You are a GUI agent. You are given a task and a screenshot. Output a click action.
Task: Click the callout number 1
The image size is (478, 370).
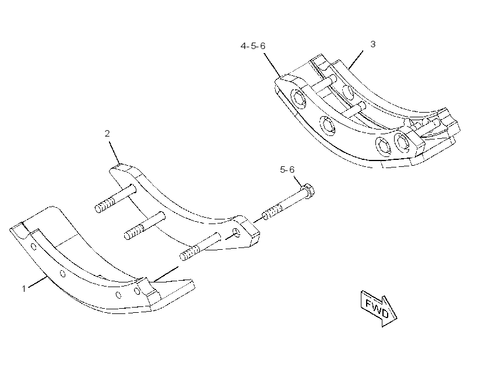pyautogui.click(x=24, y=288)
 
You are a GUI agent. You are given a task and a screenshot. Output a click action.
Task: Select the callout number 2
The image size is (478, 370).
pyautogui.click(x=107, y=134)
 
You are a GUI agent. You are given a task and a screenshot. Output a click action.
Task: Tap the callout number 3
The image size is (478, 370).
pyautogui.click(x=373, y=44)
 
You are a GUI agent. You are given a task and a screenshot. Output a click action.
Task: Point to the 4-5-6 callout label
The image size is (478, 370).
pyautogui.click(x=253, y=46)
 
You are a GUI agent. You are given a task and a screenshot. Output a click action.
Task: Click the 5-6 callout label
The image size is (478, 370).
pyautogui.click(x=287, y=169)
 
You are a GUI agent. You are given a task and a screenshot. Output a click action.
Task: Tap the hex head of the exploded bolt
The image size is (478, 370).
pyautogui.click(x=308, y=191)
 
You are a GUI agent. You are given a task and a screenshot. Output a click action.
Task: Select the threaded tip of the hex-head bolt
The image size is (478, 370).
pyautogui.click(x=272, y=212)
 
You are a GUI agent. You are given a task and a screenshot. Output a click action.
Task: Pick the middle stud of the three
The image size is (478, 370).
pyautogui.click(x=145, y=226)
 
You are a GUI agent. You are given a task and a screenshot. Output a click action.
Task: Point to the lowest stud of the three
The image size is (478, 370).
pyautogui.click(x=200, y=247)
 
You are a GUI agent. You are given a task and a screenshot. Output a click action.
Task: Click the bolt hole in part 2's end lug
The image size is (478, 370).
pyautogui.click(x=237, y=232)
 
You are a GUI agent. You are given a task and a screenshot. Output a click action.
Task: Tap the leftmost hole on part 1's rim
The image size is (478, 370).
pyautogui.click(x=34, y=246)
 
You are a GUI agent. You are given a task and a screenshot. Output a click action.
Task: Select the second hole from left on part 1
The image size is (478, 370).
pyautogui.click(x=63, y=274)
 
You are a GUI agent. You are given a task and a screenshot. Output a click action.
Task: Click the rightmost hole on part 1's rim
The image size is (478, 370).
pyautogui.click(x=138, y=291)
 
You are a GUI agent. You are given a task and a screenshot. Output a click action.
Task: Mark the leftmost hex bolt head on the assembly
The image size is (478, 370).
pyautogui.click(x=298, y=99)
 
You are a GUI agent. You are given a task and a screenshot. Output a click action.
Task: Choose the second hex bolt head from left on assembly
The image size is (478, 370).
pyautogui.click(x=328, y=125)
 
